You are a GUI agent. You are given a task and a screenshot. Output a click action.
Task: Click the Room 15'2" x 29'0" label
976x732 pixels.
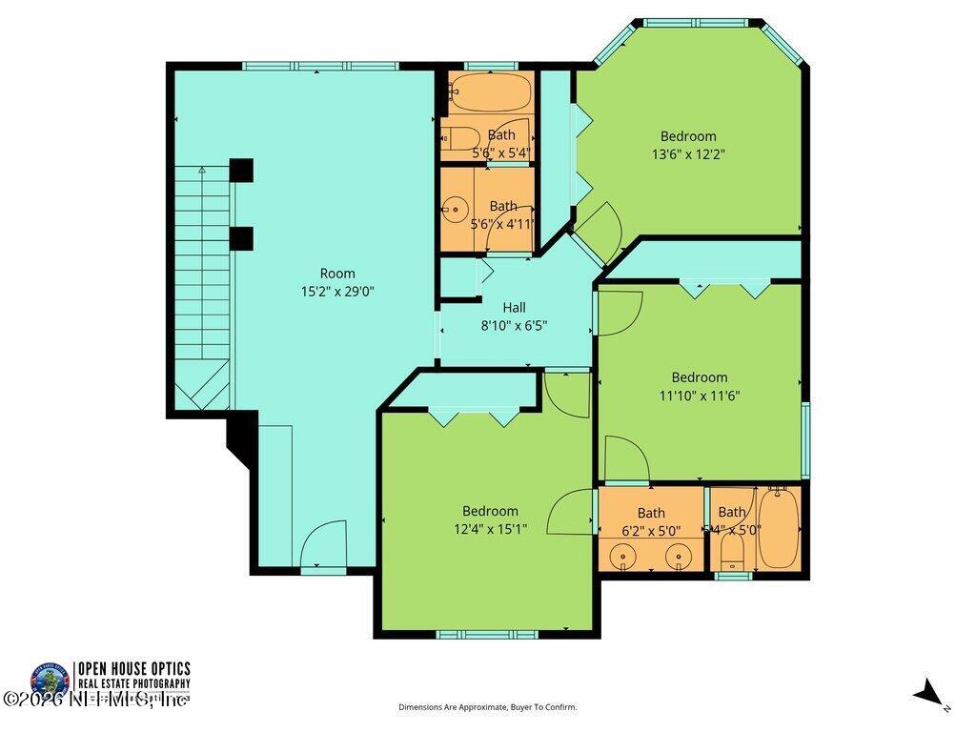coord(336,283)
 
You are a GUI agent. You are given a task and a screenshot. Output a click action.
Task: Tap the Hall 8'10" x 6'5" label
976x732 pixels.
coord(514,316)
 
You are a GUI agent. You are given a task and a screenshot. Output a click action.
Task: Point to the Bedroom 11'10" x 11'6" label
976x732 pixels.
coord(700,386)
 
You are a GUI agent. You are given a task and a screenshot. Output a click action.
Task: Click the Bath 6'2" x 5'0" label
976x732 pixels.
coord(651,522)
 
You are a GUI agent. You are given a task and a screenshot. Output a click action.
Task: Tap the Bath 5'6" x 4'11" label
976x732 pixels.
coord(502,214)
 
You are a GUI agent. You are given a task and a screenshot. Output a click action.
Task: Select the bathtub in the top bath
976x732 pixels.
coord(490,92)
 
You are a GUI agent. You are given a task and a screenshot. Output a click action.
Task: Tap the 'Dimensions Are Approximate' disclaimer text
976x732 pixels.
coord(487,707)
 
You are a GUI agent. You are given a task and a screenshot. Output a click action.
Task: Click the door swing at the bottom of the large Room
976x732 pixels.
coord(323,545)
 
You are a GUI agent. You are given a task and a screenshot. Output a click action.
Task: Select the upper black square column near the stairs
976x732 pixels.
coord(241,170)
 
